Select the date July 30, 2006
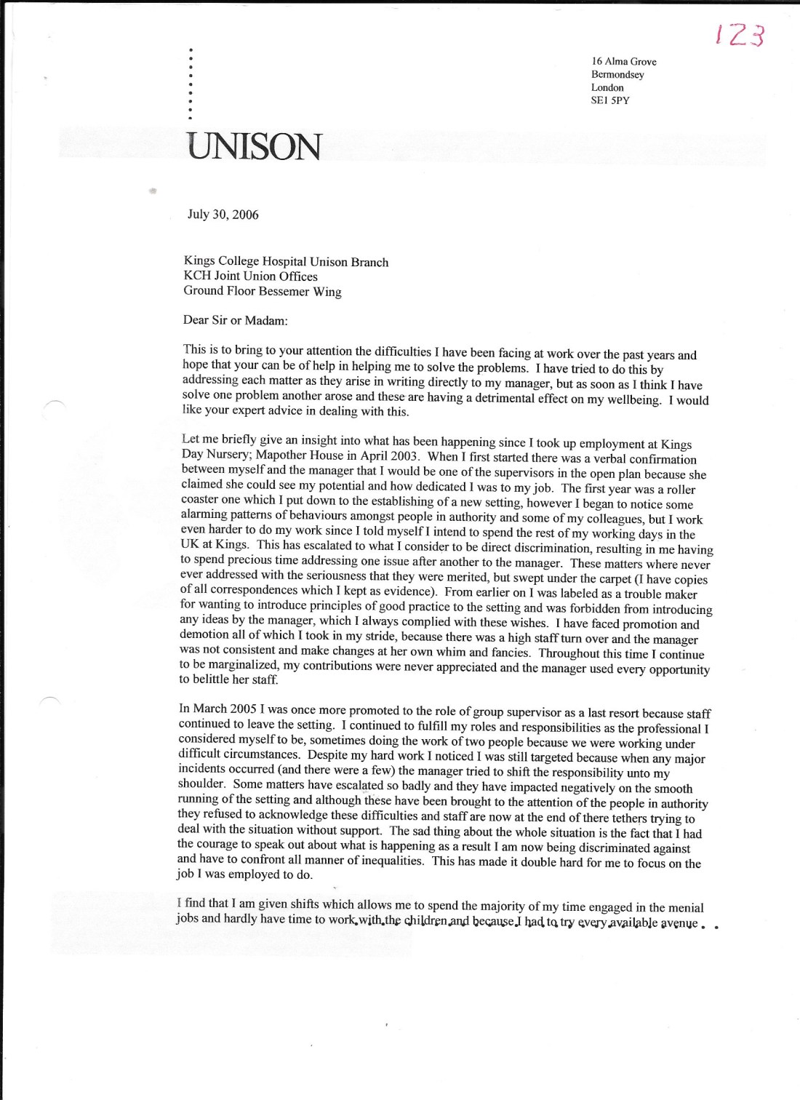223,215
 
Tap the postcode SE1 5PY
611,100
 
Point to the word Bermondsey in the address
617,74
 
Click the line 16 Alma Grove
624,62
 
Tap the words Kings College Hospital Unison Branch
288,262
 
